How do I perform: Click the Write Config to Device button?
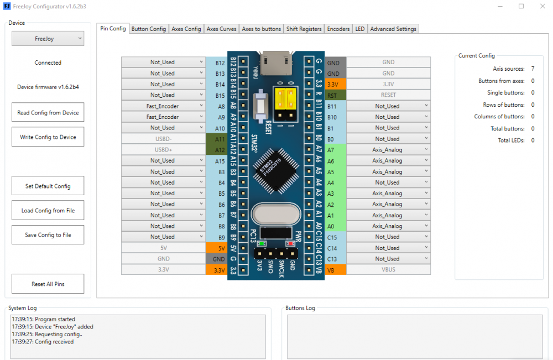pyautogui.click(x=48, y=137)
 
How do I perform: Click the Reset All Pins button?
pyautogui.click(x=48, y=284)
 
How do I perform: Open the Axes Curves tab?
pyautogui.click(x=221, y=29)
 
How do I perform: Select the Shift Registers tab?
pyautogui.click(x=304, y=29)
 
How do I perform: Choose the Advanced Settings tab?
pyautogui.click(x=393, y=29)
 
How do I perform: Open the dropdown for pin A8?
pyautogui.click(x=163, y=106)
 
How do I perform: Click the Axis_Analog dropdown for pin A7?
pyautogui.click(x=388, y=150)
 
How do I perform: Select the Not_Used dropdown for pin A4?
pyautogui.click(x=388, y=182)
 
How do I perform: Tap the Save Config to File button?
pyautogui.click(x=48, y=235)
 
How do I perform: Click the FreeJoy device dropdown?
pyautogui.click(x=48, y=39)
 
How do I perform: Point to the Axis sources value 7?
pyautogui.click(x=533, y=69)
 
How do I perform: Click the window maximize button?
pyautogui.click(x=521, y=6)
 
